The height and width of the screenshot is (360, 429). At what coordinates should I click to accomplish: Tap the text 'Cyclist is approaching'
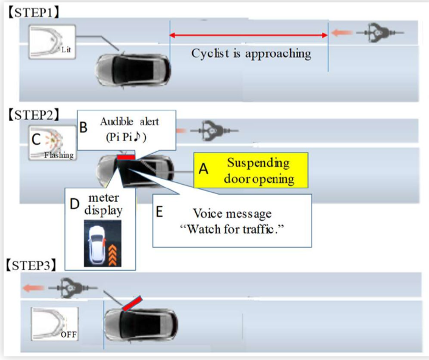coord(251,54)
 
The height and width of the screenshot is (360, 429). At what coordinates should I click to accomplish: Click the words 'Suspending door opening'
coord(258,171)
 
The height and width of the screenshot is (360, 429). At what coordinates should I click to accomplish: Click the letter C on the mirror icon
coord(37,139)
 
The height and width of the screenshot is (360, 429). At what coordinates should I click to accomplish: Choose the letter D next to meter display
coord(75,204)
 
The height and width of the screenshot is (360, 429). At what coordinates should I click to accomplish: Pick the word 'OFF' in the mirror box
coord(68,333)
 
